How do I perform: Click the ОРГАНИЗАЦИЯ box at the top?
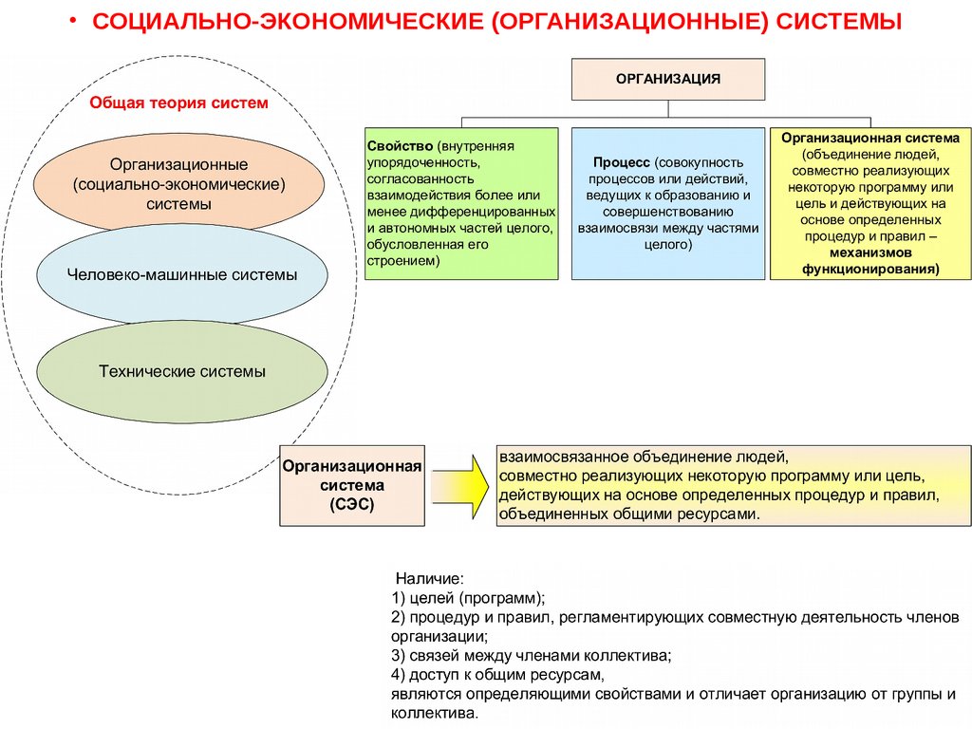pos(667,79)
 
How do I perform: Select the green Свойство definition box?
pos(460,202)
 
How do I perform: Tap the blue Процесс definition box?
pos(667,202)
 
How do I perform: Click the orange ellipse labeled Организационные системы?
pos(179,183)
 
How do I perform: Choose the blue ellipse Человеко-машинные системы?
pos(181,275)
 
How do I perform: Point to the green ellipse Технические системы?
pos(181,371)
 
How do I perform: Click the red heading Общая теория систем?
pos(179,103)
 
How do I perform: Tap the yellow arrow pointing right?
pos(460,483)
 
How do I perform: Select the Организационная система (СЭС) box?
pos(351,484)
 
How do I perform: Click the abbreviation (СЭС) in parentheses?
pos(352,506)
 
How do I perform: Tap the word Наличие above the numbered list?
pos(429,578)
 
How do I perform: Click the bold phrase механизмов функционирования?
pos(870,261)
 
